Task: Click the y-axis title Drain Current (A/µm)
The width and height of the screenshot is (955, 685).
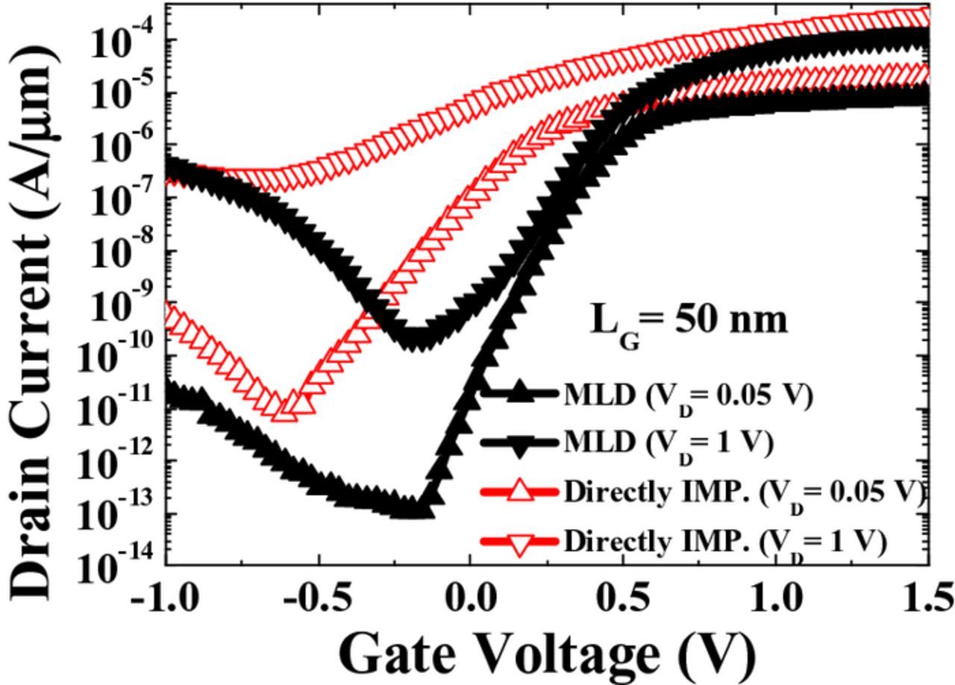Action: pos(34,321)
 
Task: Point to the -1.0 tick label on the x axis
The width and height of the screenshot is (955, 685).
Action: pos(165,599)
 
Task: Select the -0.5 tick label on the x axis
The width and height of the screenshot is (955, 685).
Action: pos(317,599)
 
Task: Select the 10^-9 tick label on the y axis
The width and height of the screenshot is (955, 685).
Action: pos(119,305)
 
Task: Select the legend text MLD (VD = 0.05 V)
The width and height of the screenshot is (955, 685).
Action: pos(686,395)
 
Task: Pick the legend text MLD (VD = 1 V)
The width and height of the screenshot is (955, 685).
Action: pos(667,443)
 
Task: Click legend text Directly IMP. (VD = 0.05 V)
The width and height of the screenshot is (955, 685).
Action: pos(743,492)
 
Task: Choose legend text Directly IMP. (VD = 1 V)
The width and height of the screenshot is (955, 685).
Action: pos(724,541)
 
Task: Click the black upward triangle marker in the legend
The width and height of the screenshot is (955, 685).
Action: pos(520,393)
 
